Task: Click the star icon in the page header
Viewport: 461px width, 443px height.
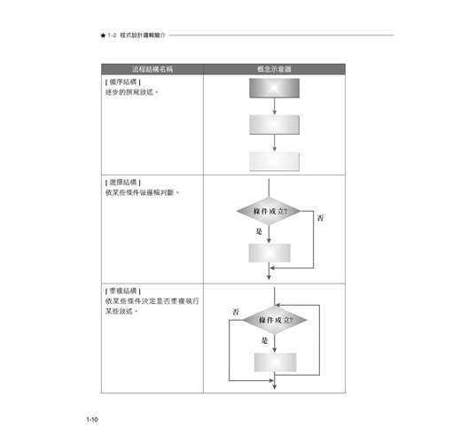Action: click(103, 35)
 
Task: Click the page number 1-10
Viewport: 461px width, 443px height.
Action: click(92, 419)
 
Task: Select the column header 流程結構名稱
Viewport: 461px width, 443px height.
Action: click(152, 69)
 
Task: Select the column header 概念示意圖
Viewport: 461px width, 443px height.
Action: click(274, 69)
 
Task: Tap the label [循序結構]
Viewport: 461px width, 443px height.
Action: click(123, 82)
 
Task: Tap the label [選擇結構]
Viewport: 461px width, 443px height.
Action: click(123, 183)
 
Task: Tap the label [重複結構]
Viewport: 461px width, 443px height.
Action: click(123, 291)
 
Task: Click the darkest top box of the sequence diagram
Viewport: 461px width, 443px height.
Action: click(274, 88)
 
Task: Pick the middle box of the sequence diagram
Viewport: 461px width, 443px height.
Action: click(274, 125)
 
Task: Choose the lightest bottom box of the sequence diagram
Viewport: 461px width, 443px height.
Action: click(274, 161)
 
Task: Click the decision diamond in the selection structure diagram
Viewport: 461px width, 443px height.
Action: click(269, 211)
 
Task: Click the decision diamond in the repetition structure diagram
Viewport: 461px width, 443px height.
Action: click(275, 320)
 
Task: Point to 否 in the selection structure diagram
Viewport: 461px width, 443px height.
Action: click(320, 218)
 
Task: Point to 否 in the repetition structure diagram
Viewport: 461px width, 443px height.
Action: click(236, 312)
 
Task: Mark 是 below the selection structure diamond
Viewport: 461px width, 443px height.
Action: click(259, 231)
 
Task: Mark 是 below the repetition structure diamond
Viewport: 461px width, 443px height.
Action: click(264, 340)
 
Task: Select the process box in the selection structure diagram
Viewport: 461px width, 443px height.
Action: click(270, 253)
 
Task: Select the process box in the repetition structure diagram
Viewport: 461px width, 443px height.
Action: click(275, 362)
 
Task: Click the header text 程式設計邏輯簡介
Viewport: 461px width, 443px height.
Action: click(143, 35)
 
